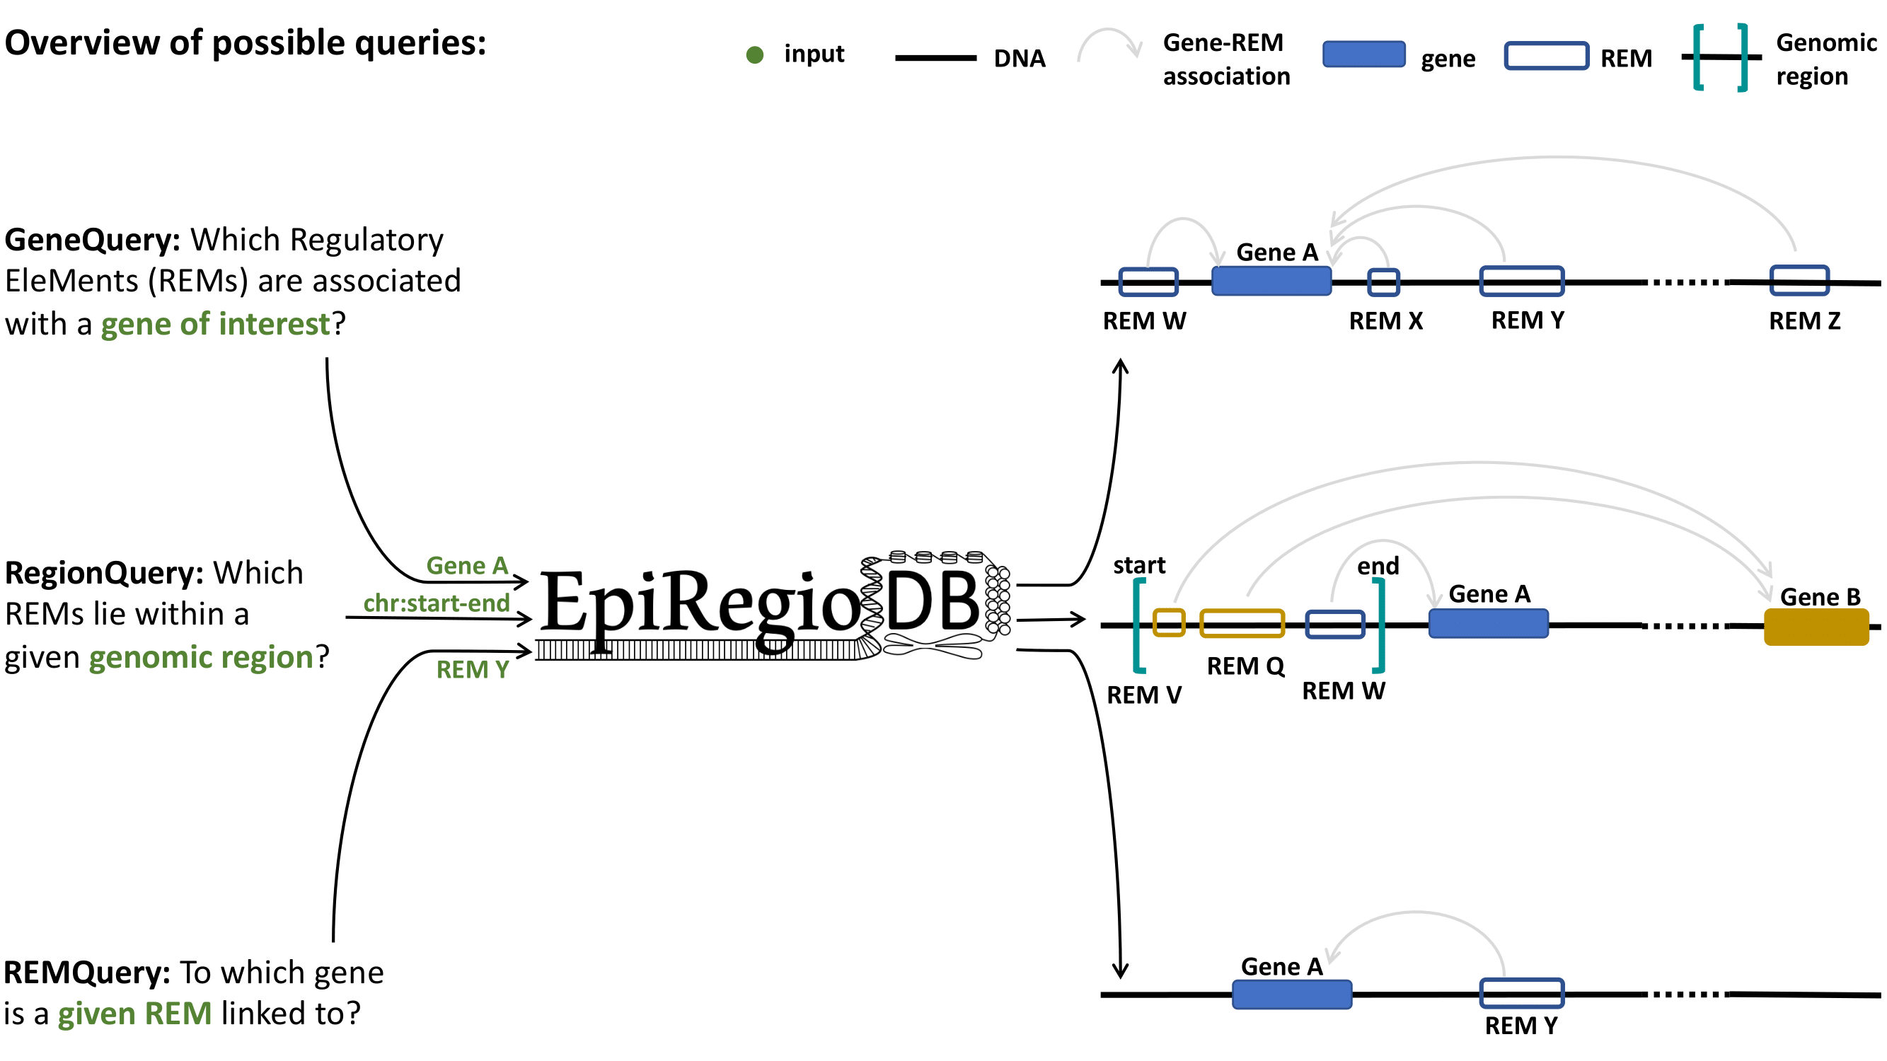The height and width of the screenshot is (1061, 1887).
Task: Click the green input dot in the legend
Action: click(754, 55)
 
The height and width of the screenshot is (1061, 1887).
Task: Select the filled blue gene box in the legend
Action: click(1363, 54)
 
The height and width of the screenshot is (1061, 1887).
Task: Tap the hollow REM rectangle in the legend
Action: click(1546, 56)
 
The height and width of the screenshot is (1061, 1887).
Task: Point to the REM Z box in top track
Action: click(1799, 280)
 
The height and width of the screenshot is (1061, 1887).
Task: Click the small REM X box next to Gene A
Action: click(1383, 282)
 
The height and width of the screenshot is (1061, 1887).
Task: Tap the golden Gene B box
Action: click(1816, 627)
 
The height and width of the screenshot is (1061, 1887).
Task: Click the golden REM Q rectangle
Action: click(1242, 623)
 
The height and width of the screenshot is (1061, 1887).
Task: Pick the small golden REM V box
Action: click(1168, 622)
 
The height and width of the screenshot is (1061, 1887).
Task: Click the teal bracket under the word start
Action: click(1138, 625)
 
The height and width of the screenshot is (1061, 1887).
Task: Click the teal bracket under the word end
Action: click(1380, 625)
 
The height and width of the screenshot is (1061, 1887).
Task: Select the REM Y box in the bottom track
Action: click(1521, 993)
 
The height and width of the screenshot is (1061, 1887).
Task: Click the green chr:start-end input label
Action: click(437, 603)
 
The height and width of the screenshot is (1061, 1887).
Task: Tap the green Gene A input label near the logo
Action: click(467, 565)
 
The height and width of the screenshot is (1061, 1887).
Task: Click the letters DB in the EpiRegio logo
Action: click(931, 602)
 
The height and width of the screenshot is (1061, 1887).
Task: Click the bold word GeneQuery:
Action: click(92, 240)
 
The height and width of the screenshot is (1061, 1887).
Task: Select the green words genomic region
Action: click(202, 657)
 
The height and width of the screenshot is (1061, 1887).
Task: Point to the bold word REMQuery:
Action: click(86, 973)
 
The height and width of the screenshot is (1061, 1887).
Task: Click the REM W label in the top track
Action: click(1144, 320)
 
